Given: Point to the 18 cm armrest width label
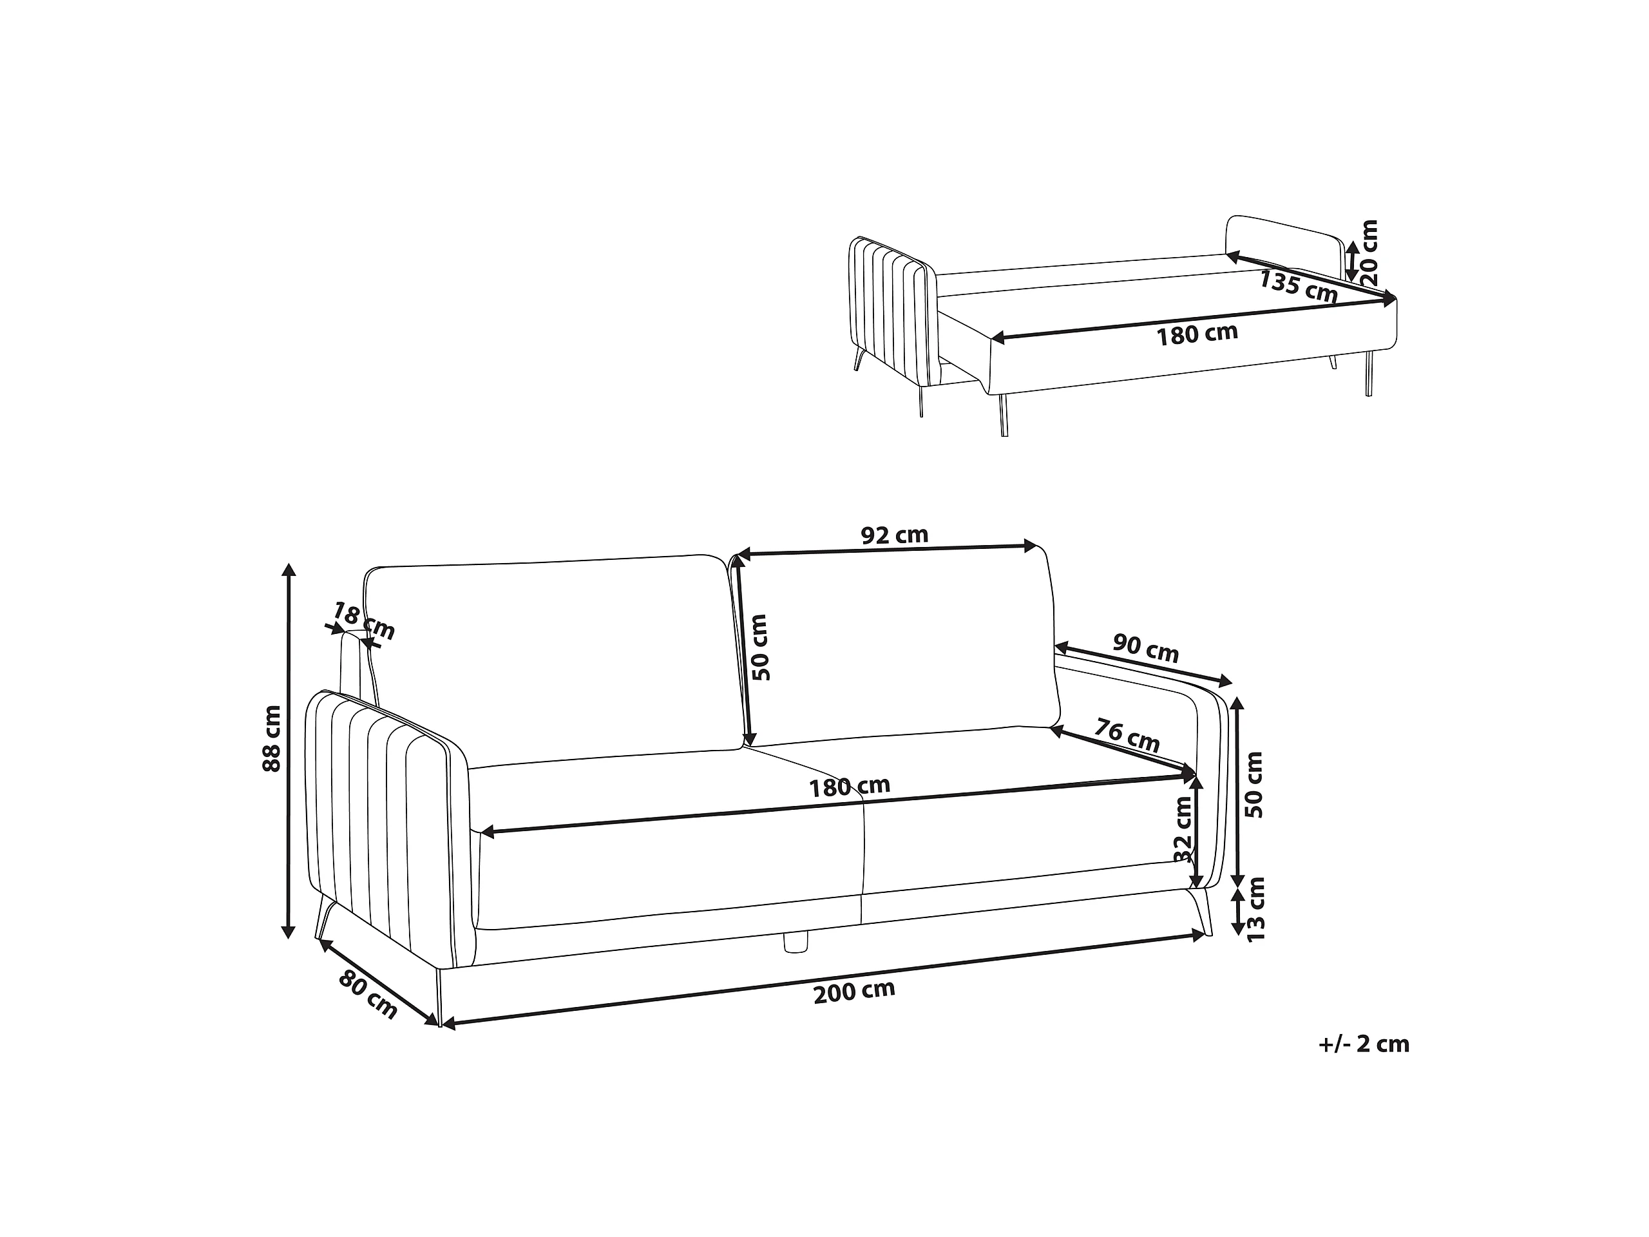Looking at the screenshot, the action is [x=363, y=620].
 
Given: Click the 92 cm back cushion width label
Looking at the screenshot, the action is [x=895, y=535].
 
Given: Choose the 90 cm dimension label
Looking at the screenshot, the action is [x=1146, y=648].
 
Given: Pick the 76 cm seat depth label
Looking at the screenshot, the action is [x=1127, y=734].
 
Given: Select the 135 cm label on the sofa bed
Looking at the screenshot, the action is [x=1299, y=286].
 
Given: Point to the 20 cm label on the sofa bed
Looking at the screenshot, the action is [x=1369, y=253].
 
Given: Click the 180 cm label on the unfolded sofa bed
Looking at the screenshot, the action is [x=1197, y=334].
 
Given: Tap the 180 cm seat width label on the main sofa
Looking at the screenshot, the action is [x=850, y=787].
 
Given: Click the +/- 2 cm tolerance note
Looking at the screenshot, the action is [x=1364, y=1044].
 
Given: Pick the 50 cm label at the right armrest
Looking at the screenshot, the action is [x=1255, y=785].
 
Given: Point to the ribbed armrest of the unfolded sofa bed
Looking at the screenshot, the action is [x=892, y=313].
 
